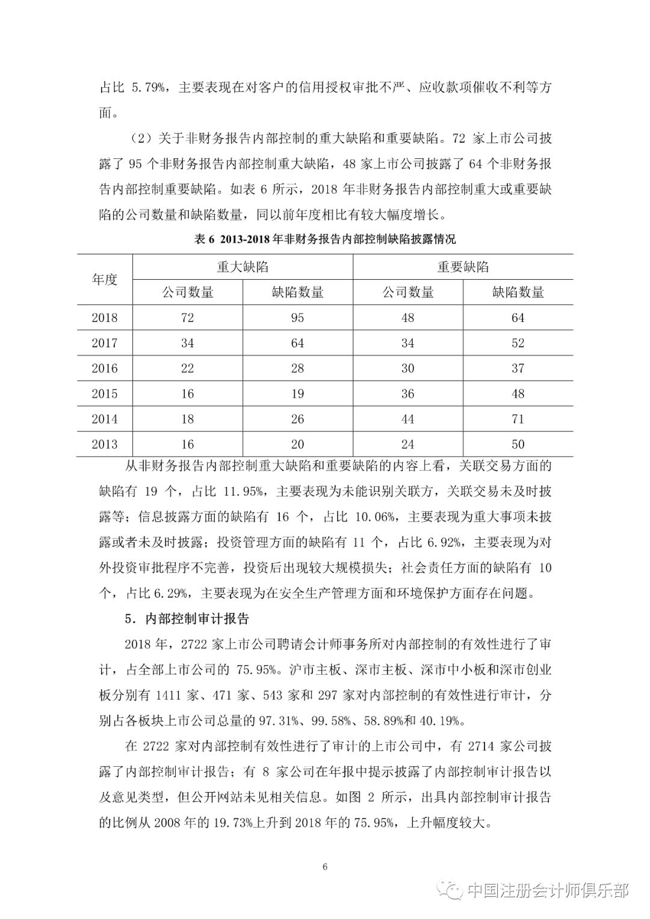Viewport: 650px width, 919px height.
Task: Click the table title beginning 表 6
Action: coord(325,239)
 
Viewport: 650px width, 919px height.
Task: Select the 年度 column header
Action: coord(105,280)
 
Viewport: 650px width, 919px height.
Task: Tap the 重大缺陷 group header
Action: coord(243,267)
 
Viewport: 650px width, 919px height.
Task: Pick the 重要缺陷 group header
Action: coord(463,267)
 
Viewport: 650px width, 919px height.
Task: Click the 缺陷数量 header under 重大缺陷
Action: coord(297,292)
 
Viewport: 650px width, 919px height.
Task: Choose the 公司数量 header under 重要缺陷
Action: coord(408,292)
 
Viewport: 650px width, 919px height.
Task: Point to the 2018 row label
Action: coord(105,318)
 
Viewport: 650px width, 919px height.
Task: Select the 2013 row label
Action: coord(105,445)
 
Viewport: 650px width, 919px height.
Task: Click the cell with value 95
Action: coord(297,318)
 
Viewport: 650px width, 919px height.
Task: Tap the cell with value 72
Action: coord(187,318)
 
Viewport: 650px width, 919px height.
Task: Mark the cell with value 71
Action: coord(518,419)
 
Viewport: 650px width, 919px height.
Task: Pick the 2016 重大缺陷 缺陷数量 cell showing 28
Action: coord(297,368)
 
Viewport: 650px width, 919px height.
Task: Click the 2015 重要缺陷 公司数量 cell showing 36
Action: coord(408,394)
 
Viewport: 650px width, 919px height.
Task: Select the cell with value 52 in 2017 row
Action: coord(518,343)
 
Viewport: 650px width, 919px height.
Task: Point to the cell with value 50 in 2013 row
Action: coord(518,445)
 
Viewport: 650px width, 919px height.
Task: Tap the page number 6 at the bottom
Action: coord(325,867)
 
